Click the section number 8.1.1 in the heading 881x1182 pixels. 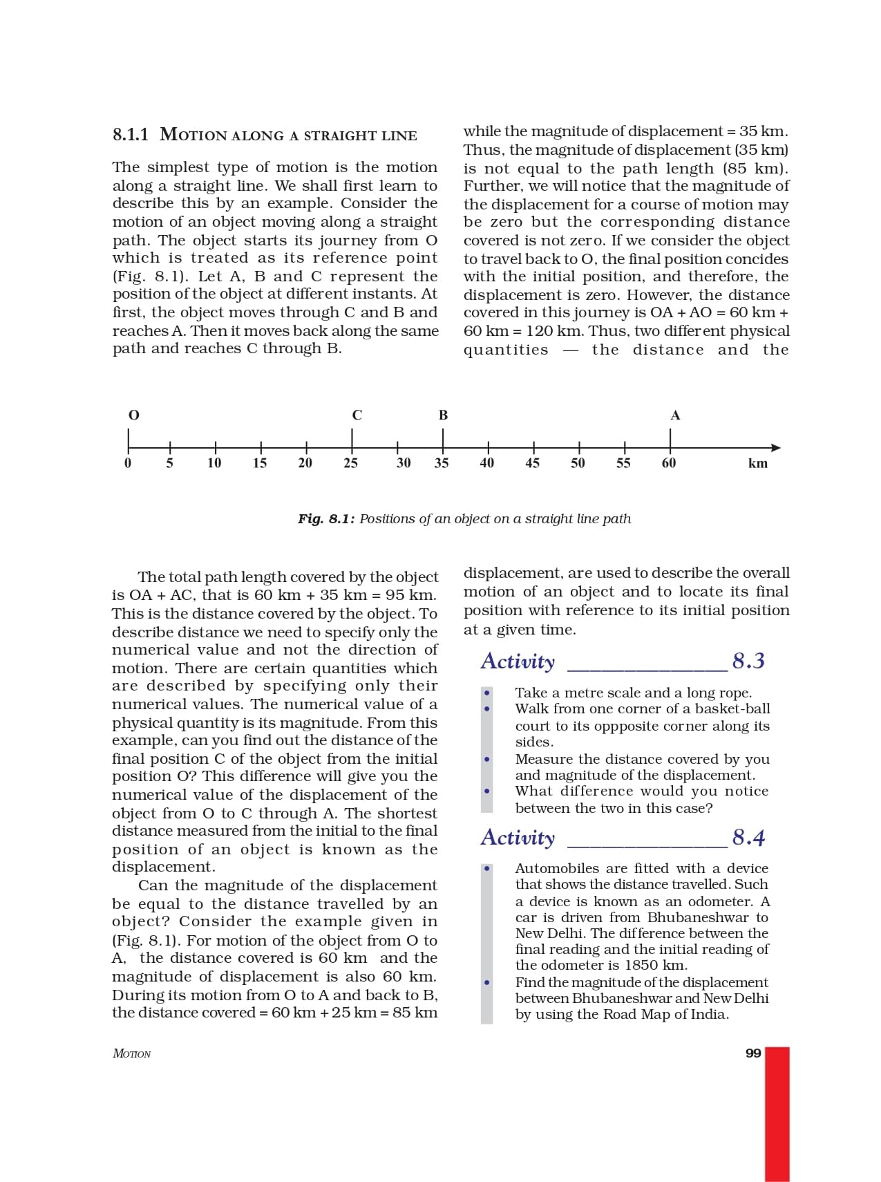pos(131,134)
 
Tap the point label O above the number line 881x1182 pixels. pos(134,415)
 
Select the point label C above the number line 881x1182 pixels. pos(357,415)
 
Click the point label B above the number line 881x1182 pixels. pos(443,415)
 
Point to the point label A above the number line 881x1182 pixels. pos(675,415)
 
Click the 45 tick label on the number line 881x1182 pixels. pos(532,463)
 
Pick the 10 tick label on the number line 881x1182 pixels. pos(214,463)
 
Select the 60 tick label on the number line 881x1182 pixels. pos(669,463)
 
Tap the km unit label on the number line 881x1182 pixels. pos(758,464)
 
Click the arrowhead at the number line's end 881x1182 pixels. pos(776,447)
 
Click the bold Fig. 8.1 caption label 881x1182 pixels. pos(326,519)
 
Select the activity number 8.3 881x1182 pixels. pos(748,662)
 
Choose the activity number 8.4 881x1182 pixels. pos(748,838)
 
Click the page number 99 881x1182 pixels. pos(753,1053)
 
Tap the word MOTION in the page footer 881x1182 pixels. pos(131,1054)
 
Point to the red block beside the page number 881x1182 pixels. pos(777,1113)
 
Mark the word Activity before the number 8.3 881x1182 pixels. pos(518,662)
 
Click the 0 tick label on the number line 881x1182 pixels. pos(128,463)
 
